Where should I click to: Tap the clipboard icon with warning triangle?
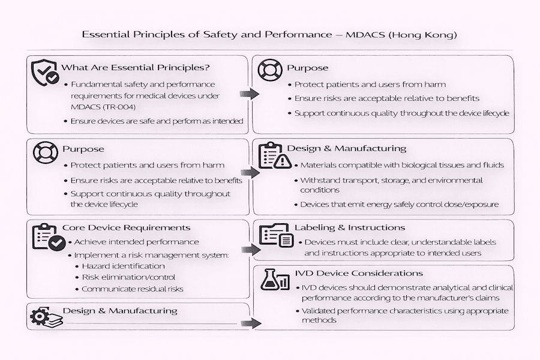[x=274, y=156]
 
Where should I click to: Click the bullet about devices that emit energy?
[x=399, y=205]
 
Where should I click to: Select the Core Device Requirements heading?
[x=126, y=227]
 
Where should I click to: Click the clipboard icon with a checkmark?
[x=47, y=238]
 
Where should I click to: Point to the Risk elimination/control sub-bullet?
[x=128, y=277]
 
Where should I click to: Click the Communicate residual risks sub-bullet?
[x=132, y=289]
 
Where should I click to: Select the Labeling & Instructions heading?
[x=349, y=227]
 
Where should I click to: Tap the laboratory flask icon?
[x=275, y=282]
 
